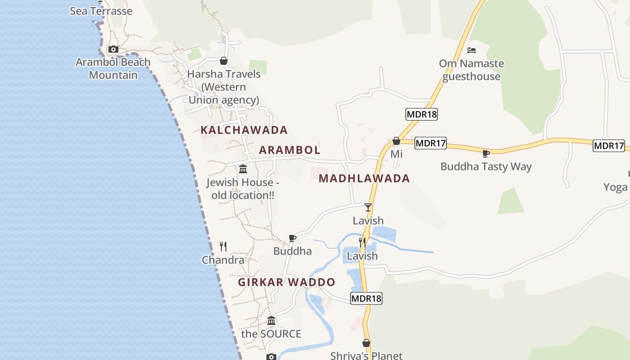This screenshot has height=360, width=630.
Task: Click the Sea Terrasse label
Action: (x=101, y=11)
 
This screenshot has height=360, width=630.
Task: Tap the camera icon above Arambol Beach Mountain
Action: (x=113, y=49)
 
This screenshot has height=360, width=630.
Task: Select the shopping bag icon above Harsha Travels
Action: (x=224, y=61)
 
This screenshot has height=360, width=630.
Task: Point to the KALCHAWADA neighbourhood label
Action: (x=244, y=130)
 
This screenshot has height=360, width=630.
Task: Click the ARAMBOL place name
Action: (x=290, y=150)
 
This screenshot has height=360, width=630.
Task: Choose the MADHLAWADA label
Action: (x=364, y=178)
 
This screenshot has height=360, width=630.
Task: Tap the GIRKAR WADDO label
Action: (x=287, y=282)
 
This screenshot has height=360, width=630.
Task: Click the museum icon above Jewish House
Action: (x=243, y=169)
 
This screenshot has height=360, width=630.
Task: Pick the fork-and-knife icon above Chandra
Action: (x=223, y=246)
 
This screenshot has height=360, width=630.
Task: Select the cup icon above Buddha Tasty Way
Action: (x=486, y=153)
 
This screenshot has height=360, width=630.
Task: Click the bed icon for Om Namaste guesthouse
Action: (x=472, y=50)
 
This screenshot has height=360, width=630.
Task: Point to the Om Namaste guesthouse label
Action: (x=472, y=70)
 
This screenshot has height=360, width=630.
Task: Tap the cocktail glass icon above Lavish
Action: (x=368, y=207)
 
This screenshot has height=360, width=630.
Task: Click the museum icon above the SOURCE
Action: (x=271, y=321)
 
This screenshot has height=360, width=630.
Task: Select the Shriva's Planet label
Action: (x=366, y=355)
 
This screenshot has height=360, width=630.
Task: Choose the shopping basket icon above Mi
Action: (x=396, y=141)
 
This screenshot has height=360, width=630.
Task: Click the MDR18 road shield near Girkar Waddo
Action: (x=366, y=298)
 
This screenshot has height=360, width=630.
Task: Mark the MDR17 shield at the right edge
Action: (x=608, y=145)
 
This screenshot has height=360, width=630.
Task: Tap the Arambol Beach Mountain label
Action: (x=113, y=68)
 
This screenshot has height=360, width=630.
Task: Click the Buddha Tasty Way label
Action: (x=486, y=166)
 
